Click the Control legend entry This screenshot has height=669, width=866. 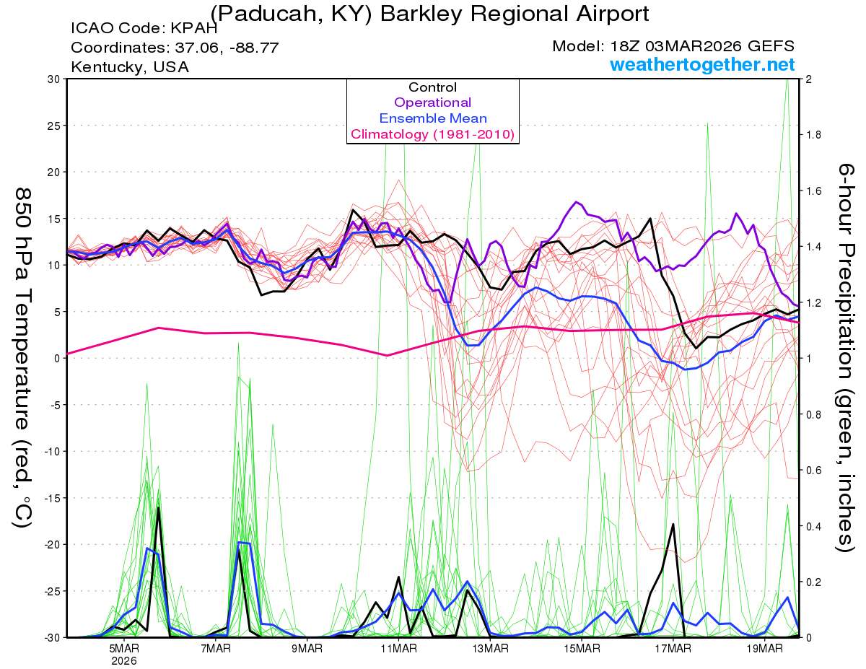pyautogui.click(x=432, y=87)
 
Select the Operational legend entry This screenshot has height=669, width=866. pyautogui.click(x=432, y=102)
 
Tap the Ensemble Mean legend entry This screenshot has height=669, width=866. pyautogui.click(x=432, y=118)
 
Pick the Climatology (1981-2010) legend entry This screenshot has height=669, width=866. pyautogui.click(x=432, y=134)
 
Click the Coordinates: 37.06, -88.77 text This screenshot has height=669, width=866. pyautogui.click(x=175, y=48)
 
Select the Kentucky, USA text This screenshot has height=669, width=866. pyautogui.click(x=130, y=66)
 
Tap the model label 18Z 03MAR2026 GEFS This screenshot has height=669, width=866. pyautogui.click(x=673, y=46)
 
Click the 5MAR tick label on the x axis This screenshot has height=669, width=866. pyautogui.click(x=124, y=648)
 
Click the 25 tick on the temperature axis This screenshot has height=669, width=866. pyautogui.click(x=53, y=126)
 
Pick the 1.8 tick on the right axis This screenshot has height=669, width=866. pyautogui.click(x=813, y=135)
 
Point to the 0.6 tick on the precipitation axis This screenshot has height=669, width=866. pyautogui.click(x=813, y=471)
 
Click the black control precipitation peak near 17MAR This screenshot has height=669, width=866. pyautogui.click(x=673, y=525)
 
